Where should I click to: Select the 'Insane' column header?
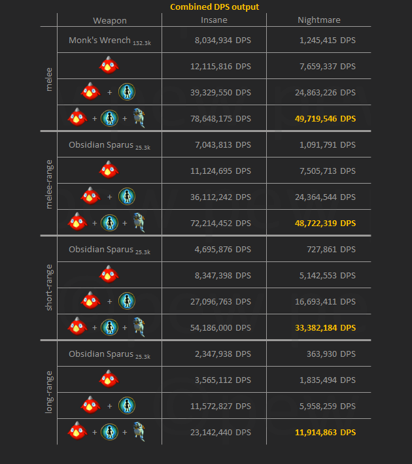(x=214, y=20)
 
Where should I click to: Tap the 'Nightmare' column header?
(x=318, y=20)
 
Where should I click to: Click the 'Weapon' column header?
(x=109, y=21)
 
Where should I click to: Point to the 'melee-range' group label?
(x=49, y=183)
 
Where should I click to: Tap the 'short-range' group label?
(x=49, y=288)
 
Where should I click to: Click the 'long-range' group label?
(x=49, y=392)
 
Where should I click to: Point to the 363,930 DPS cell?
(x=330, y=354)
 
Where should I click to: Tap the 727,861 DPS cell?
(x=330, y=250)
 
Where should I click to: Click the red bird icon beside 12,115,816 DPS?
(x=109, y=65)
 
